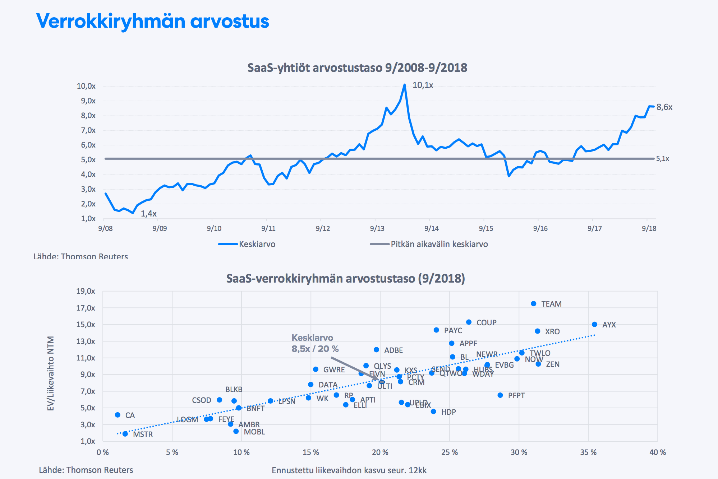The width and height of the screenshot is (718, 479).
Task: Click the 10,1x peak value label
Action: pos(423,85)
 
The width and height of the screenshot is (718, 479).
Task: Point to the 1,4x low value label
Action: pos(148,214)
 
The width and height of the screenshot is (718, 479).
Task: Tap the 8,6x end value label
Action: pos(664,107)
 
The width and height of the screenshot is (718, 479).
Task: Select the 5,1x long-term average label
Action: pos(662,159)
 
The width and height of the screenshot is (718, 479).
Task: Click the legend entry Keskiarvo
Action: pos(257,244)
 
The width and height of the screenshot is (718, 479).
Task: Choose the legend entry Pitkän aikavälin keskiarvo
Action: pos(439,244)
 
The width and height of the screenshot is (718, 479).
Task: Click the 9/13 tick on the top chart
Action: pos(377,228)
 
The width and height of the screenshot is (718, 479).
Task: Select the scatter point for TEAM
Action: pos(534,304)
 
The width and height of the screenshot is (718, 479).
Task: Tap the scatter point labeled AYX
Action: pos(594,325)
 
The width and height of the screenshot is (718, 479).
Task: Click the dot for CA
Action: pos(118,415)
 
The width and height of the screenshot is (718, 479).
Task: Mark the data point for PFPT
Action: pos(500,395)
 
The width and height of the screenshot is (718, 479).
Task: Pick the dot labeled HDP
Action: pos(433,411)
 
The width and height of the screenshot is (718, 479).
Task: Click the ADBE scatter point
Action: pos(376,350)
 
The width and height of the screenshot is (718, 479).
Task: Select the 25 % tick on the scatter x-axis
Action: pos(450,452)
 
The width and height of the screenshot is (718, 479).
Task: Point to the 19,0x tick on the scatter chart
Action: pos(86,291)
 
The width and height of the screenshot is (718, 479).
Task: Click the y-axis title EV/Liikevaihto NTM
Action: pos(51,373)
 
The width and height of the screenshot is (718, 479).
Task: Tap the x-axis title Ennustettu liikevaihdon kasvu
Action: pos(349,470)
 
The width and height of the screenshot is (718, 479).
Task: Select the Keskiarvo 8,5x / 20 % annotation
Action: pos(315,343)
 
